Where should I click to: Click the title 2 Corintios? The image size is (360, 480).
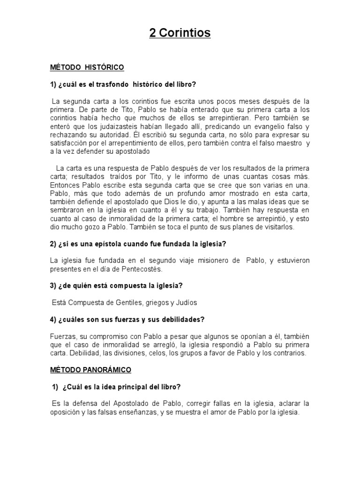(180, 33)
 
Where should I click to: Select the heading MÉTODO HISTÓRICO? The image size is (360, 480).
(87, 67)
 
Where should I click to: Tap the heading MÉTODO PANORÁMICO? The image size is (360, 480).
(90, 370)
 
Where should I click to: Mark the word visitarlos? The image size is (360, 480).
(277, 227)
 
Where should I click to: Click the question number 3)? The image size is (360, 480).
(54, 285)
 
